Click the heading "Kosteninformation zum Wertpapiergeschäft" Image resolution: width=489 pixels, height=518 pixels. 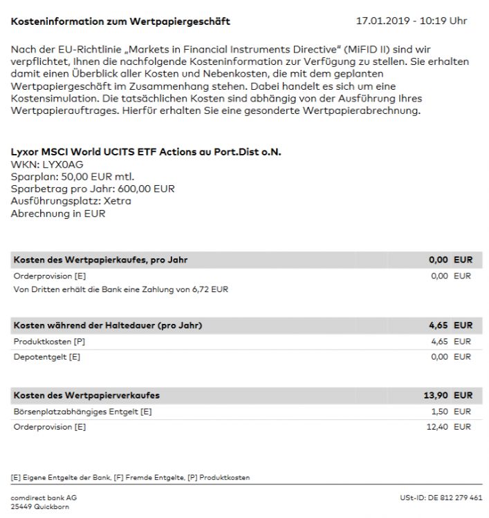click(120, 21)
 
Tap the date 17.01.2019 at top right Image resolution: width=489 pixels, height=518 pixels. click(382, 21)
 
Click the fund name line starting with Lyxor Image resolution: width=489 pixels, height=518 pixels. click(147, 152)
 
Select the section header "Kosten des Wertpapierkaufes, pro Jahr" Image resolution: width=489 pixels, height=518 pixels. click(100, 260)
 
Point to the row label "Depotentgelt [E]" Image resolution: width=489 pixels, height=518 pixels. click(47, 356)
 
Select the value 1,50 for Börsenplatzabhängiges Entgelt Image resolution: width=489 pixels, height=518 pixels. click(440, 412)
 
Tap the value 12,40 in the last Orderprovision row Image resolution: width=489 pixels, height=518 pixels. click(437, 427)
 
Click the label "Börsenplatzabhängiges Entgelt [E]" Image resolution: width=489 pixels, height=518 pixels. click(82, 412)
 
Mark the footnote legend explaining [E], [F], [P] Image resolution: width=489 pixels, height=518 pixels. click(131, 477)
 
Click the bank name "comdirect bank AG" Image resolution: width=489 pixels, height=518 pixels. click(44, 497)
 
